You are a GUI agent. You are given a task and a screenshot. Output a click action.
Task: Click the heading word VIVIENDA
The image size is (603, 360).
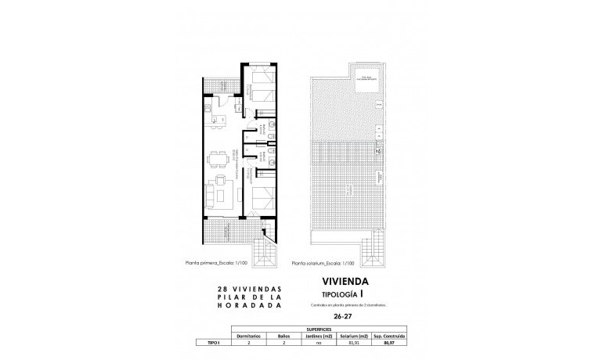click(x=345, y=279)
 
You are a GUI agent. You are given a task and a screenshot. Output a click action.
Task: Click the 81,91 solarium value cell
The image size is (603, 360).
click(x=353, y=343)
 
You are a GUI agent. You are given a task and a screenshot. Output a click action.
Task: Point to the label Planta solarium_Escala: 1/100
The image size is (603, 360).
click(x=323, y=264)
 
